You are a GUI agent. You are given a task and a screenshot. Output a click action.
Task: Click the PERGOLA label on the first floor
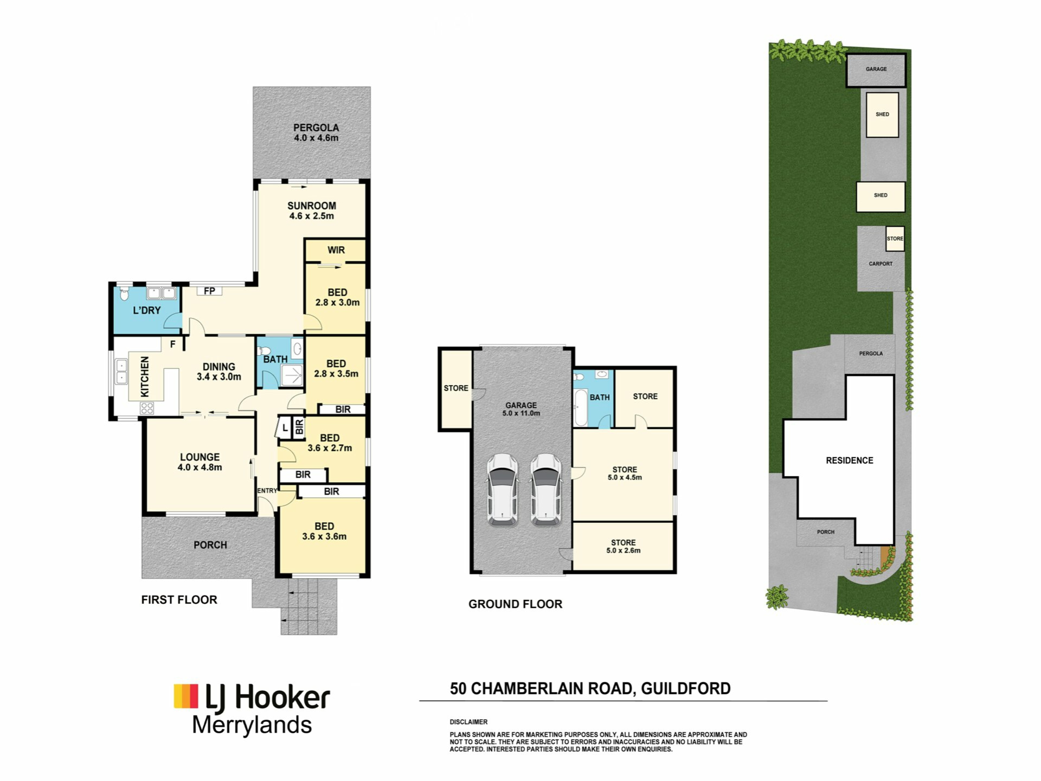[316, 127]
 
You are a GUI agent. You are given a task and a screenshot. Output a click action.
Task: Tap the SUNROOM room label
[312, 206]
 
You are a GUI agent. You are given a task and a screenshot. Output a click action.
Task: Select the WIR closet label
[336, 250]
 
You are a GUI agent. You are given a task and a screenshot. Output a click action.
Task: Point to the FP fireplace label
[209, 291]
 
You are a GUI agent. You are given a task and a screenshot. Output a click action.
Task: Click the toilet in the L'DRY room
[125, 293]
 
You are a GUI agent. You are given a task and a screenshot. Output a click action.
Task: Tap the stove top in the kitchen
[147, 408]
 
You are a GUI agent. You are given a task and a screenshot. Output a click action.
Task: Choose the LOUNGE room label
[200, 457]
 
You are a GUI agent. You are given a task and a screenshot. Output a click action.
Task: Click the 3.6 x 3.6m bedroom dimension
[324, 536]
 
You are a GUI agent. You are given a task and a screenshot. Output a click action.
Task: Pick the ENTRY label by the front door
[267, 491]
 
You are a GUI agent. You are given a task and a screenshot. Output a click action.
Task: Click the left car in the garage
[502, 490]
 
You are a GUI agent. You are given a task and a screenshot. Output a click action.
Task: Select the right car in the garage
[546, 490]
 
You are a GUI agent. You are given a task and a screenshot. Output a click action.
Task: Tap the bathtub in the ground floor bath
[581, 407]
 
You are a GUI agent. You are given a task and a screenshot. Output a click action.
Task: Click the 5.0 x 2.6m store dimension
[624, 550]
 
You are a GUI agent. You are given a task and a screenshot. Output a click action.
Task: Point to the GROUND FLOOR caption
[515, 604]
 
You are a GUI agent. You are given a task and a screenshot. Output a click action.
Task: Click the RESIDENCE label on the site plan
[850, 460]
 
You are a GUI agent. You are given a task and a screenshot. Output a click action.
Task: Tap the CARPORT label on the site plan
[881, 264]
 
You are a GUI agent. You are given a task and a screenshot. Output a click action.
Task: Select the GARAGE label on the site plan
[876, 69]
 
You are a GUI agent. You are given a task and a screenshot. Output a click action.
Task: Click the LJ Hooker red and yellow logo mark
[186, 696]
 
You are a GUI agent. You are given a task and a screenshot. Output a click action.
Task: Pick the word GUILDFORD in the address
[686, 688]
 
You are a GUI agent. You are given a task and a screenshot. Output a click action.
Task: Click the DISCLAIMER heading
[468, 722]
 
